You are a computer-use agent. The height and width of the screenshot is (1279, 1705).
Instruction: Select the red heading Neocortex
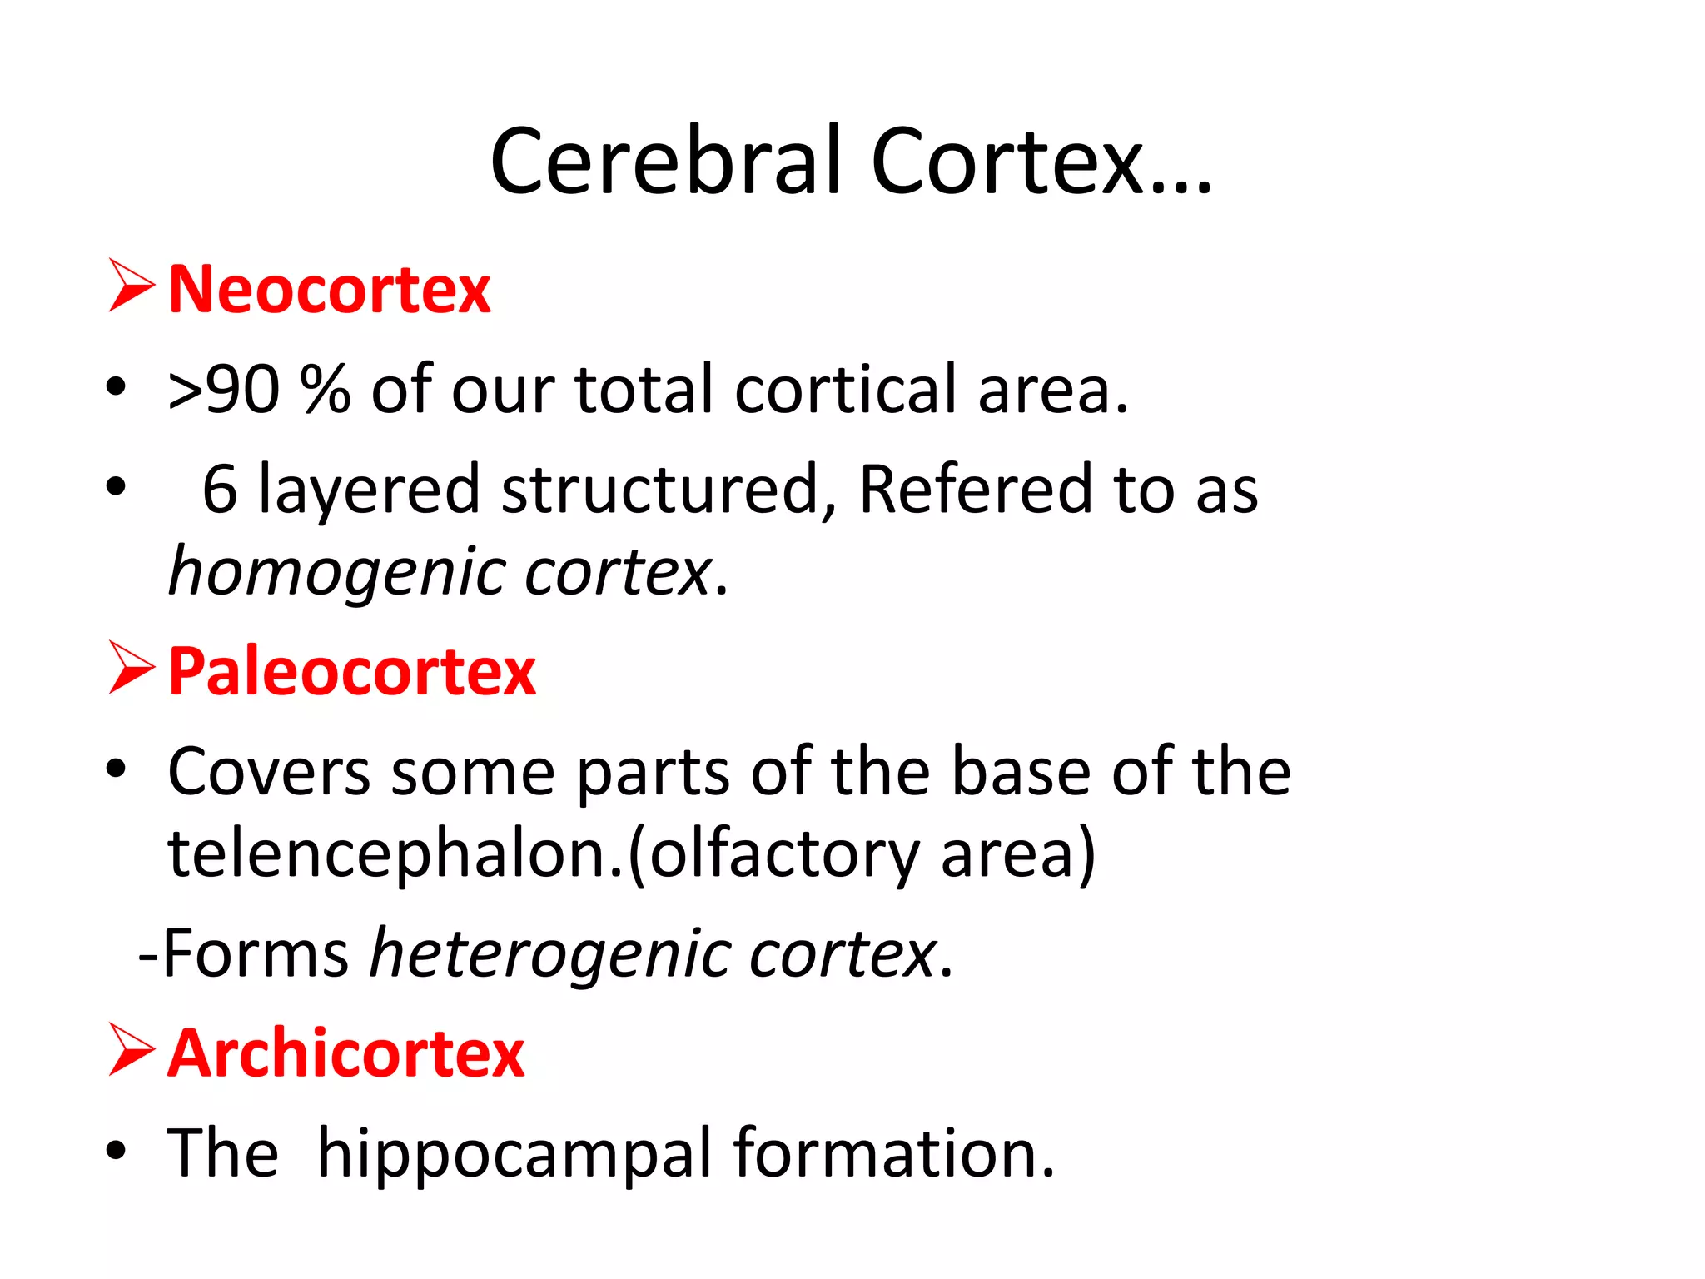point(330,290)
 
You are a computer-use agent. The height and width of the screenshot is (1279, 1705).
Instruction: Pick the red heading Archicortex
point(346,1053)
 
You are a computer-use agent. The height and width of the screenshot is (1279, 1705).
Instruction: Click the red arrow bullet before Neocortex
point(131,286)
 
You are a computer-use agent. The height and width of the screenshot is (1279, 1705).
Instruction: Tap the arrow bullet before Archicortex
point(131,1050)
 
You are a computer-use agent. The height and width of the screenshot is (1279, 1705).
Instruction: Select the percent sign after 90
point(326,390)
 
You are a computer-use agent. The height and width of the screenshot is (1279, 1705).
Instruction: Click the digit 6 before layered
point(220,490)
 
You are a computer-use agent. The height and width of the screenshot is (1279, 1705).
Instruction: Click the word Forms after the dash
point(255,953)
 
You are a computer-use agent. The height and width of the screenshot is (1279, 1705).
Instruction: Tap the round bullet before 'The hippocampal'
point(116,1151)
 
